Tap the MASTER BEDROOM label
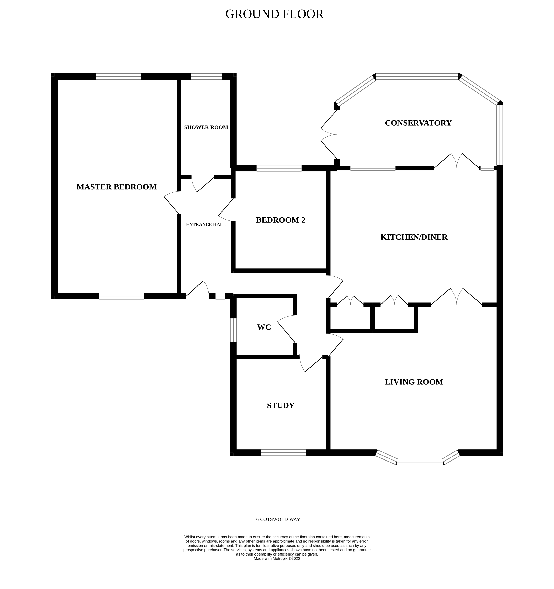[x=117, y=187]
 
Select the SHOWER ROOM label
[x=206, y=127]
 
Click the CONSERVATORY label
[x=418, y=123]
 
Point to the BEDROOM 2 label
[x=280, y=220]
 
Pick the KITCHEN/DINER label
[x=414, y=237]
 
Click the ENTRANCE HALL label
[x=206, y=224]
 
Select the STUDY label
[x=280, y=406]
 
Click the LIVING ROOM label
[x=414, y=382]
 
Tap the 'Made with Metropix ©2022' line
[x=276, y=558]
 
